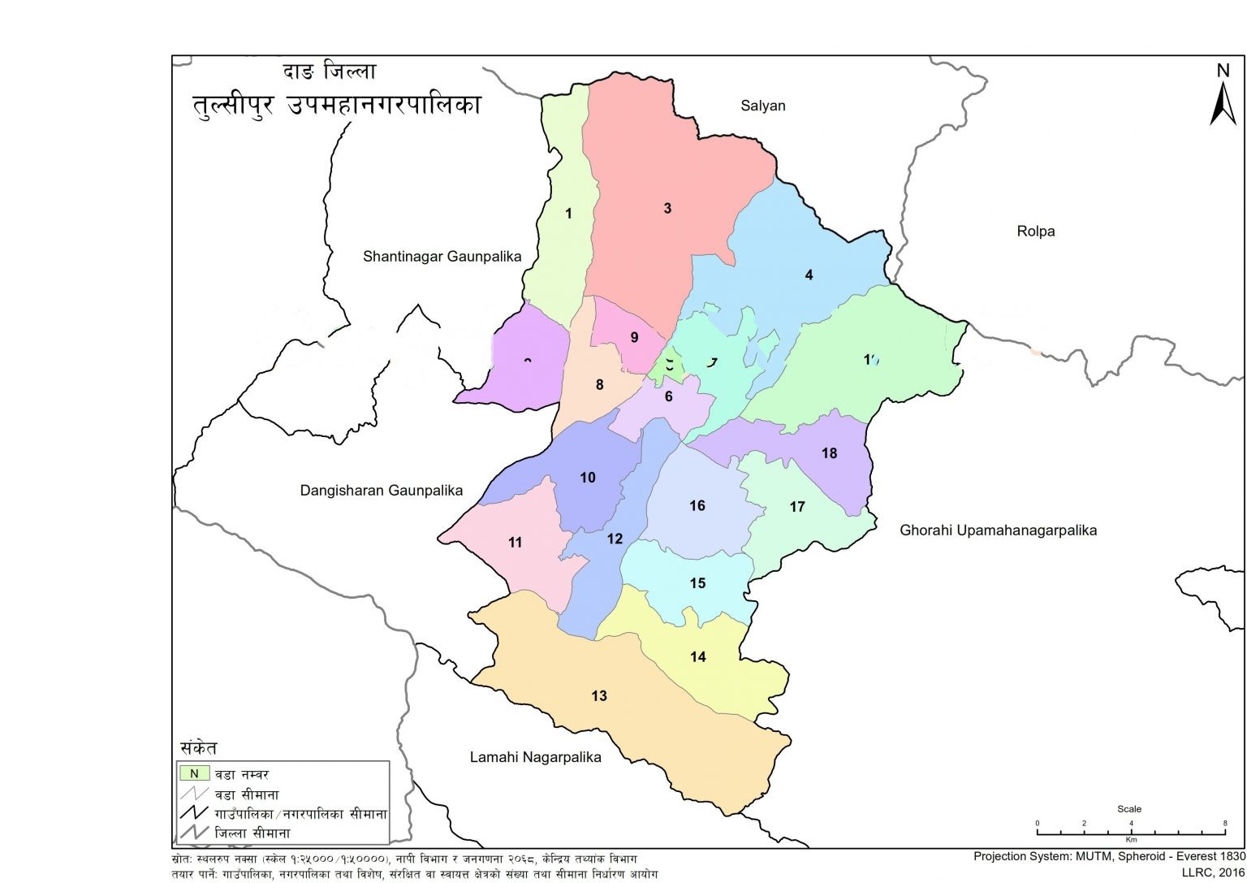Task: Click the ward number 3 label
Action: pyautogui.click(x=667, y=209)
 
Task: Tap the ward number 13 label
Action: pyautogui.click(x=599, y=696)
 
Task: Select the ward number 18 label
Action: pyautogui.click(x=829, y=453)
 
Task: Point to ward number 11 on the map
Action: pyautogui.click(x=516, y=543)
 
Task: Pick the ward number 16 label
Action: pyautogui.click(x=697, y=506)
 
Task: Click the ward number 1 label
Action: pyautogui.click(x=568, y=214)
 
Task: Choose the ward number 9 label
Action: pyautogui.click(x=634, y=338)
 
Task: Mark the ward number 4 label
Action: pyautogui.click(x=809, y=275)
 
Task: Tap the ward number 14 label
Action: pyautogui.click(x=698, y=657)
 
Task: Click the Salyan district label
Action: pyautogui.click(x=762, y=106)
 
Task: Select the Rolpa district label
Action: pyautogui.click(x=1035, y=232)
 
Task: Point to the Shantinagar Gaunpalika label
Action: pyautogui.click(x=442, y=257)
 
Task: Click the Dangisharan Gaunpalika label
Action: pyautogui.click(x=381, y=491)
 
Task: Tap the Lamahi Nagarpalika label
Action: pyautogui.click(x=535, y=757)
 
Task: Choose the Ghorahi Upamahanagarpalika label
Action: pyautogui.click(x=998, y=530)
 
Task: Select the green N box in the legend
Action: pyautogui.click(x=194, y=773)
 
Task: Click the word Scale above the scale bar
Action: pyautogui.click(x=1128, y=809)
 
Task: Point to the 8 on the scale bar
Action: pyautogui.click(x=1225, y=824)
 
